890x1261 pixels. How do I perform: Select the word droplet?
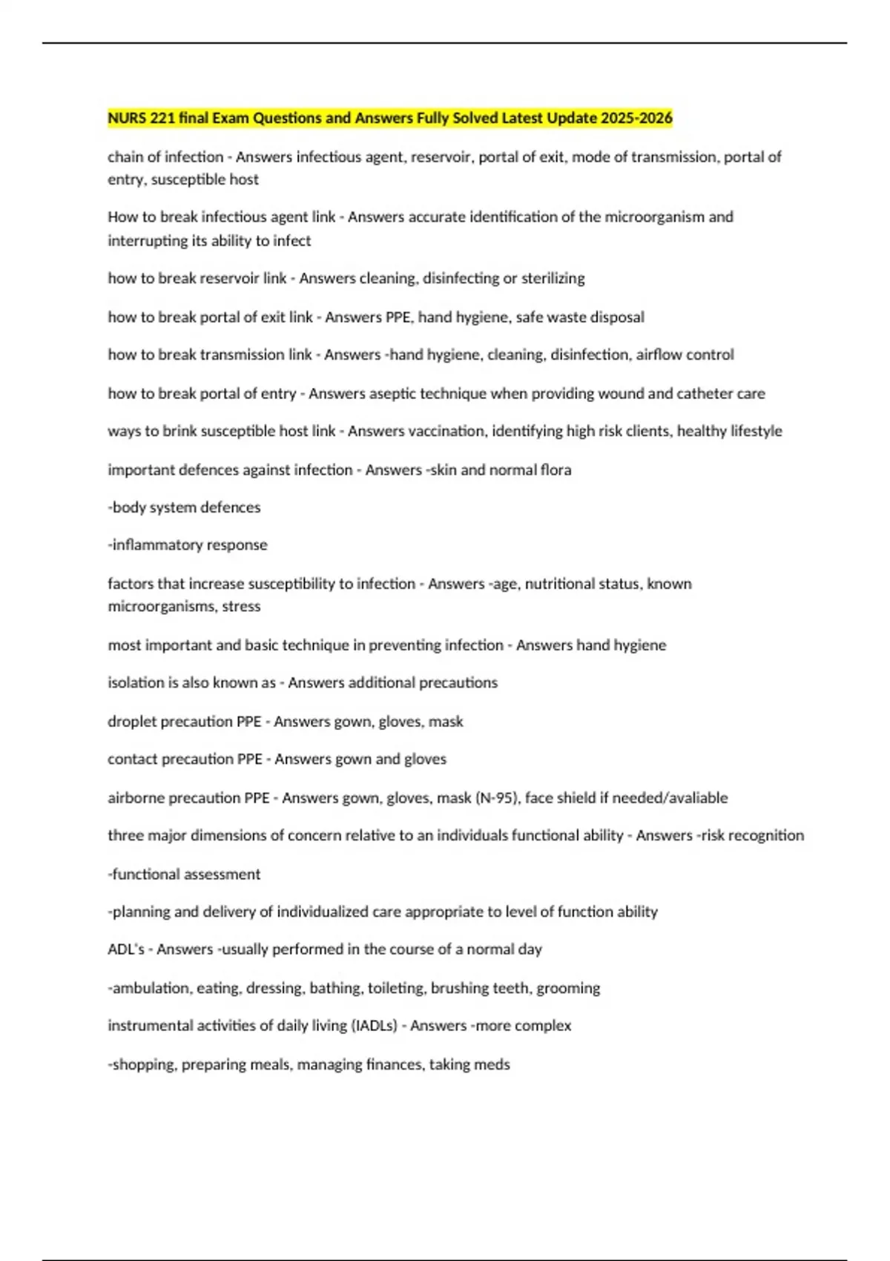[133, 721]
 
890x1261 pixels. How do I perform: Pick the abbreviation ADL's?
[126, 949]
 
